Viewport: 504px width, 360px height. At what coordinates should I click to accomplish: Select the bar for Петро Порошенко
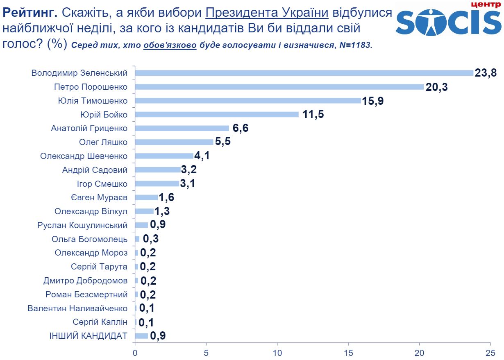click(279, 87)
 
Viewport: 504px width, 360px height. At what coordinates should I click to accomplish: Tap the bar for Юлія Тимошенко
click(248, 101)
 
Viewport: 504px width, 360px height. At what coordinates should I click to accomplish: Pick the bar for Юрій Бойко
click(217, 115)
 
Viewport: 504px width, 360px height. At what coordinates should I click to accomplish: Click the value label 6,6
click(241, 128)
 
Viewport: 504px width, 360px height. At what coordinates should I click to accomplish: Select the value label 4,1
click(202, 156)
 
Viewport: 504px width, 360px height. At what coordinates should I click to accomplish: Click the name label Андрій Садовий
click(95, 170)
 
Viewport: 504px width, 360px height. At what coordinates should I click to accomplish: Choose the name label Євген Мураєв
click(99, 198)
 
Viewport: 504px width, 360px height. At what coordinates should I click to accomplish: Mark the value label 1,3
click(163, 211)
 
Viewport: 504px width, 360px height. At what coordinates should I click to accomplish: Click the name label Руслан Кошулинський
click(82, 225)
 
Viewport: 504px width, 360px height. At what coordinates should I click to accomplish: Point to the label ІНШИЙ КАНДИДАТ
click(88, 336)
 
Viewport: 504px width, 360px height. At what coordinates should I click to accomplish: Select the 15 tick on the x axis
click(348, 352)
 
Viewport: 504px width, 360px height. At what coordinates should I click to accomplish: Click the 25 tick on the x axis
click(490, 352)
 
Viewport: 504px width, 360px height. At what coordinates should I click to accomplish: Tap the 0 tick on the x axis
click(135, 352)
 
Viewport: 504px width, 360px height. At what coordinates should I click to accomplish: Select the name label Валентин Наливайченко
click(77, 308)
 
